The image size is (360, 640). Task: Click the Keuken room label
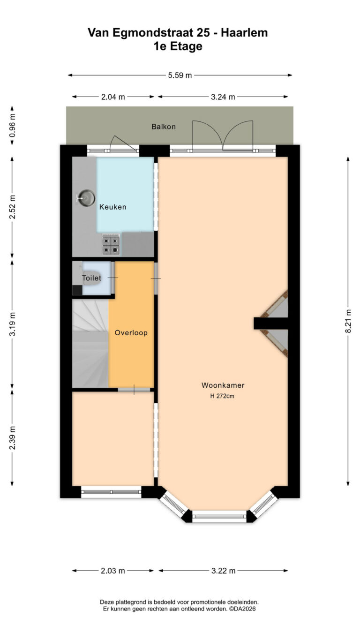(x=112, y=207)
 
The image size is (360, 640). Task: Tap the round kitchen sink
(x=87, y=198)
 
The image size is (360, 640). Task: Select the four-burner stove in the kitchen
(x=111, y=245)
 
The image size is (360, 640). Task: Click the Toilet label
(x=91, y=278)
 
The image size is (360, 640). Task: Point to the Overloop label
(x=131, y=332)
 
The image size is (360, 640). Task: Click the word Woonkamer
(x=223, y=385)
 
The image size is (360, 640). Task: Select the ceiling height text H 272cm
(x=222, y=396)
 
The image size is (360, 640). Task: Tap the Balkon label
(x=164, y=127)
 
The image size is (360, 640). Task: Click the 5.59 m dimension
(x=180, y=75)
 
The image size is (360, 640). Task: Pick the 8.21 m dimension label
(x=348, y=321)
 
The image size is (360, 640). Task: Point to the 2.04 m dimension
(x=113, y=97)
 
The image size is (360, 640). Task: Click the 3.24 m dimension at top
(x=223, y=97)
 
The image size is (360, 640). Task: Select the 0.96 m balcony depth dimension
(x=12, y=126)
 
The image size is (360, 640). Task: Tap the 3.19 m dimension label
(x=12, y=324)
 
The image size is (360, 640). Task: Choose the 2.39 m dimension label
(x=12, y=437)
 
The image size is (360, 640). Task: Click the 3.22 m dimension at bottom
(x=223, y=571)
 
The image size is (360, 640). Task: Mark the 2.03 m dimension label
(x=113, y=571)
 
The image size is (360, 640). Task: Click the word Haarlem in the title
(x=244, y=33)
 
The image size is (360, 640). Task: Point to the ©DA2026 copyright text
(x=242, y=609)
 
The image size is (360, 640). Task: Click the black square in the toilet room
(x=77, y=290)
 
